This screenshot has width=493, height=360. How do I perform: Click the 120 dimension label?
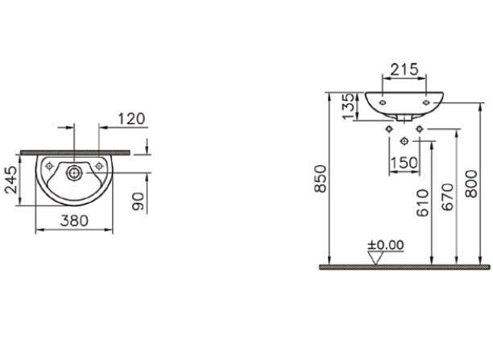point(131,119)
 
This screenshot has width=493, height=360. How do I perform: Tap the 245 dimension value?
point(12,180)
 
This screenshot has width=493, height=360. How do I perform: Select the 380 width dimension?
point(74,221)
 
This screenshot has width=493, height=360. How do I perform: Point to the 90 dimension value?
point(139,201)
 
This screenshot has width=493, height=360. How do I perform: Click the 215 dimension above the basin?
point(404,69)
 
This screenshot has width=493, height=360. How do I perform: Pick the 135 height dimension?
point(349,106)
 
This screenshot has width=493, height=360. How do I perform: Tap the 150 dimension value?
point(404,163)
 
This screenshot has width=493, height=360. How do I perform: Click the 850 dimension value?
point(321,179)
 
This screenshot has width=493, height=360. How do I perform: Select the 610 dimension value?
point(423,203)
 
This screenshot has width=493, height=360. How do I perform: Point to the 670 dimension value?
point(448,197)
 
